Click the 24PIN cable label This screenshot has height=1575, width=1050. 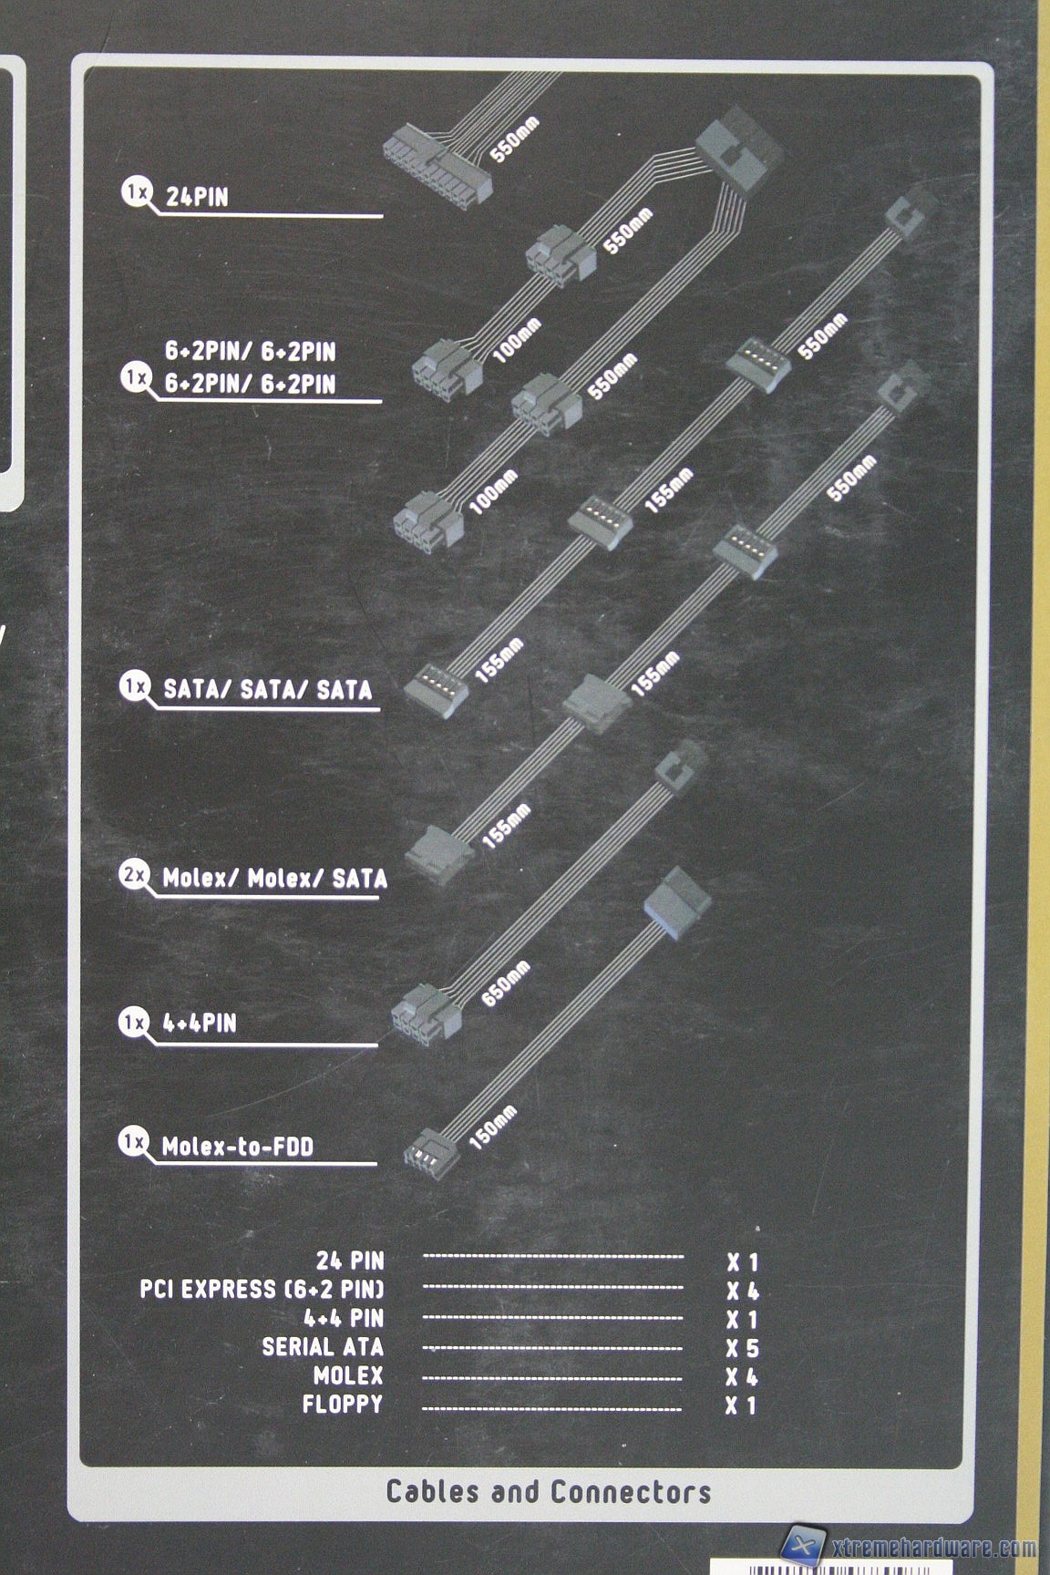197,196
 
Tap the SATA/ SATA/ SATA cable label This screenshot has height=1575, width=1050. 268,689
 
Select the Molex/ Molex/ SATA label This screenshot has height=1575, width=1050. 274,879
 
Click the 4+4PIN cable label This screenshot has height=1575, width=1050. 199,1023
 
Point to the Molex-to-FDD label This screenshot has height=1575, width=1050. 237,1146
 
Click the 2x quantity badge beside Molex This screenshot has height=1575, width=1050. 134,877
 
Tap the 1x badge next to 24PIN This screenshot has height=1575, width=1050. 137,192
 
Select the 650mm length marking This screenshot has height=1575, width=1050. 507,984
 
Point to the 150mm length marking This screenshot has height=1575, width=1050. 493,1127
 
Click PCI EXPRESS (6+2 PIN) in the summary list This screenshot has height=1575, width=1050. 262,1290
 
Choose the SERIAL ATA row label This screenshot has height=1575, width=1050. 323,1347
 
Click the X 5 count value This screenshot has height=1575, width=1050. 742,1349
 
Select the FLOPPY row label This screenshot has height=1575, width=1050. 343,1405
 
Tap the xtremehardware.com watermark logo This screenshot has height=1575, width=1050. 908,1546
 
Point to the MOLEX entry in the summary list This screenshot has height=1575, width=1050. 348,1376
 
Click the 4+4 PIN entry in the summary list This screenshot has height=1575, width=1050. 344,1318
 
